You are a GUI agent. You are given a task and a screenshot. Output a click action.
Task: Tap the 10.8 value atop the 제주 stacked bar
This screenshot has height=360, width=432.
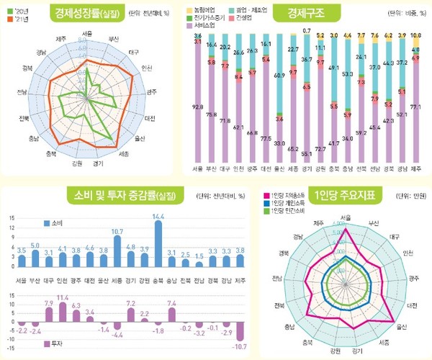click(x=415, y=35)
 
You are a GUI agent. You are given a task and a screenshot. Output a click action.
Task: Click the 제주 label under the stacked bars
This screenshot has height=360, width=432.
click(x=415, y=169)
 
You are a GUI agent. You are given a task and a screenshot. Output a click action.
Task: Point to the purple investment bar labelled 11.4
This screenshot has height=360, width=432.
click(x=63, y=312)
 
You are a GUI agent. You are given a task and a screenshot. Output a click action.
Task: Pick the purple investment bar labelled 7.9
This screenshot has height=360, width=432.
click(x=49, y=316)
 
